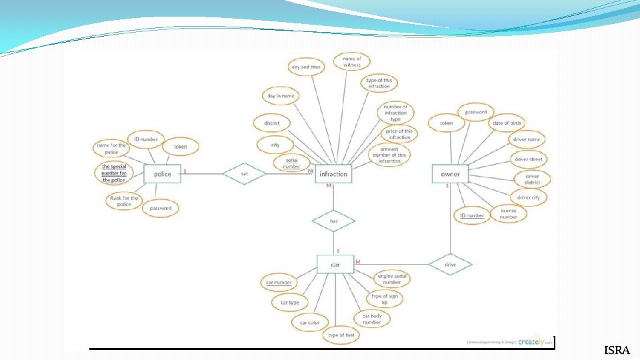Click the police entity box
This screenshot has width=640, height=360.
click(163, 175)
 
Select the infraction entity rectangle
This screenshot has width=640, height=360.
click(333, 175)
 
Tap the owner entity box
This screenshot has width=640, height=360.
click(450, 175)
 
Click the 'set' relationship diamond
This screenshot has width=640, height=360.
click(244, 175)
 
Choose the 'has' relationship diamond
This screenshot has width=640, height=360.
click(334, 220)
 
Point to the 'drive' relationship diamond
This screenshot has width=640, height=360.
click(450, 265)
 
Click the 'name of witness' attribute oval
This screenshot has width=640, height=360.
click(351, 62)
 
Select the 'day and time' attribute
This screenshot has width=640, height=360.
click(305, 67)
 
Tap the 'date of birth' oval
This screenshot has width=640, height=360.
click(507, 123)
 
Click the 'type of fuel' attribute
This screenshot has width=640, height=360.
click(341, 335)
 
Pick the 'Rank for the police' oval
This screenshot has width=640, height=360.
click(125, 201)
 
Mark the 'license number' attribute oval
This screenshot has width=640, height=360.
click(509, 213)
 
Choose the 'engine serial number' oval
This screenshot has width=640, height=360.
click(391, 279)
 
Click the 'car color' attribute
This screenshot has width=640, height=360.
click(309, 323)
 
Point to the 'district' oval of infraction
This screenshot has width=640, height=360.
click(271, 123)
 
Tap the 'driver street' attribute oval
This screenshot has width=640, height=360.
click(528, 159)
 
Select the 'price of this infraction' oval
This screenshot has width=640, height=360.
click(399, 135)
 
